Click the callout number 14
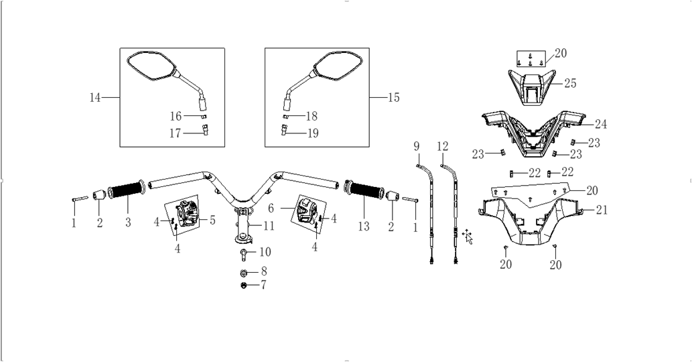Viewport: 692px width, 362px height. (95, 97)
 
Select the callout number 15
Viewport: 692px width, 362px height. (394, 97)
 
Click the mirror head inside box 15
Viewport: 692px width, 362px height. (338, 66)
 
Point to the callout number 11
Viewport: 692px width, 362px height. (269, 226)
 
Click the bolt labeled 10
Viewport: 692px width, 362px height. (243, 254)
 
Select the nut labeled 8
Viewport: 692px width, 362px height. (243, 272)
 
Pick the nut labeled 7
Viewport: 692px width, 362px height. (243, 285)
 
